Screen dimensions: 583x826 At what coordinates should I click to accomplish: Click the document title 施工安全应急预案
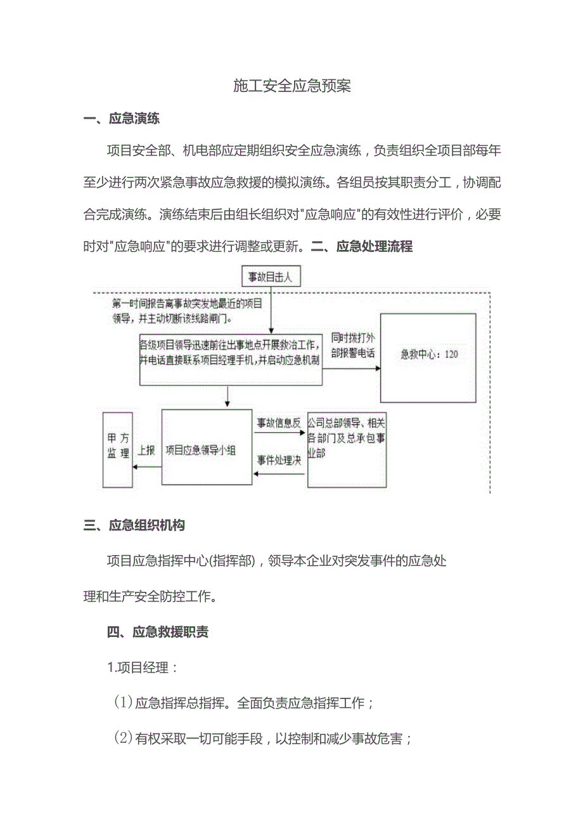291,86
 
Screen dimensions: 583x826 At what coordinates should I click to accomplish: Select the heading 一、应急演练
122,119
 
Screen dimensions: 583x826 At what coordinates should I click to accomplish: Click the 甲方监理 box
118,450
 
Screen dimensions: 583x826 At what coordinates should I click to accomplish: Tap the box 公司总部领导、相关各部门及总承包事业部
346,449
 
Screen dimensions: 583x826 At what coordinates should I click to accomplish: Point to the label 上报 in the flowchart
147,450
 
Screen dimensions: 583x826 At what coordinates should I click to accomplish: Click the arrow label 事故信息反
278,422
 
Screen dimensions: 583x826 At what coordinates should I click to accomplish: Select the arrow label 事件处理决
278,461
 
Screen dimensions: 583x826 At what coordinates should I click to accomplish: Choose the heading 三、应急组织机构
134,525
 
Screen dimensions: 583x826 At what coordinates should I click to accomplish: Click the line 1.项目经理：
143,667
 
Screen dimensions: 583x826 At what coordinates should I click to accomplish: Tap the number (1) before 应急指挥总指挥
122,703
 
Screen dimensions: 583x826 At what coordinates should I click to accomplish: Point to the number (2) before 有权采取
122,738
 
